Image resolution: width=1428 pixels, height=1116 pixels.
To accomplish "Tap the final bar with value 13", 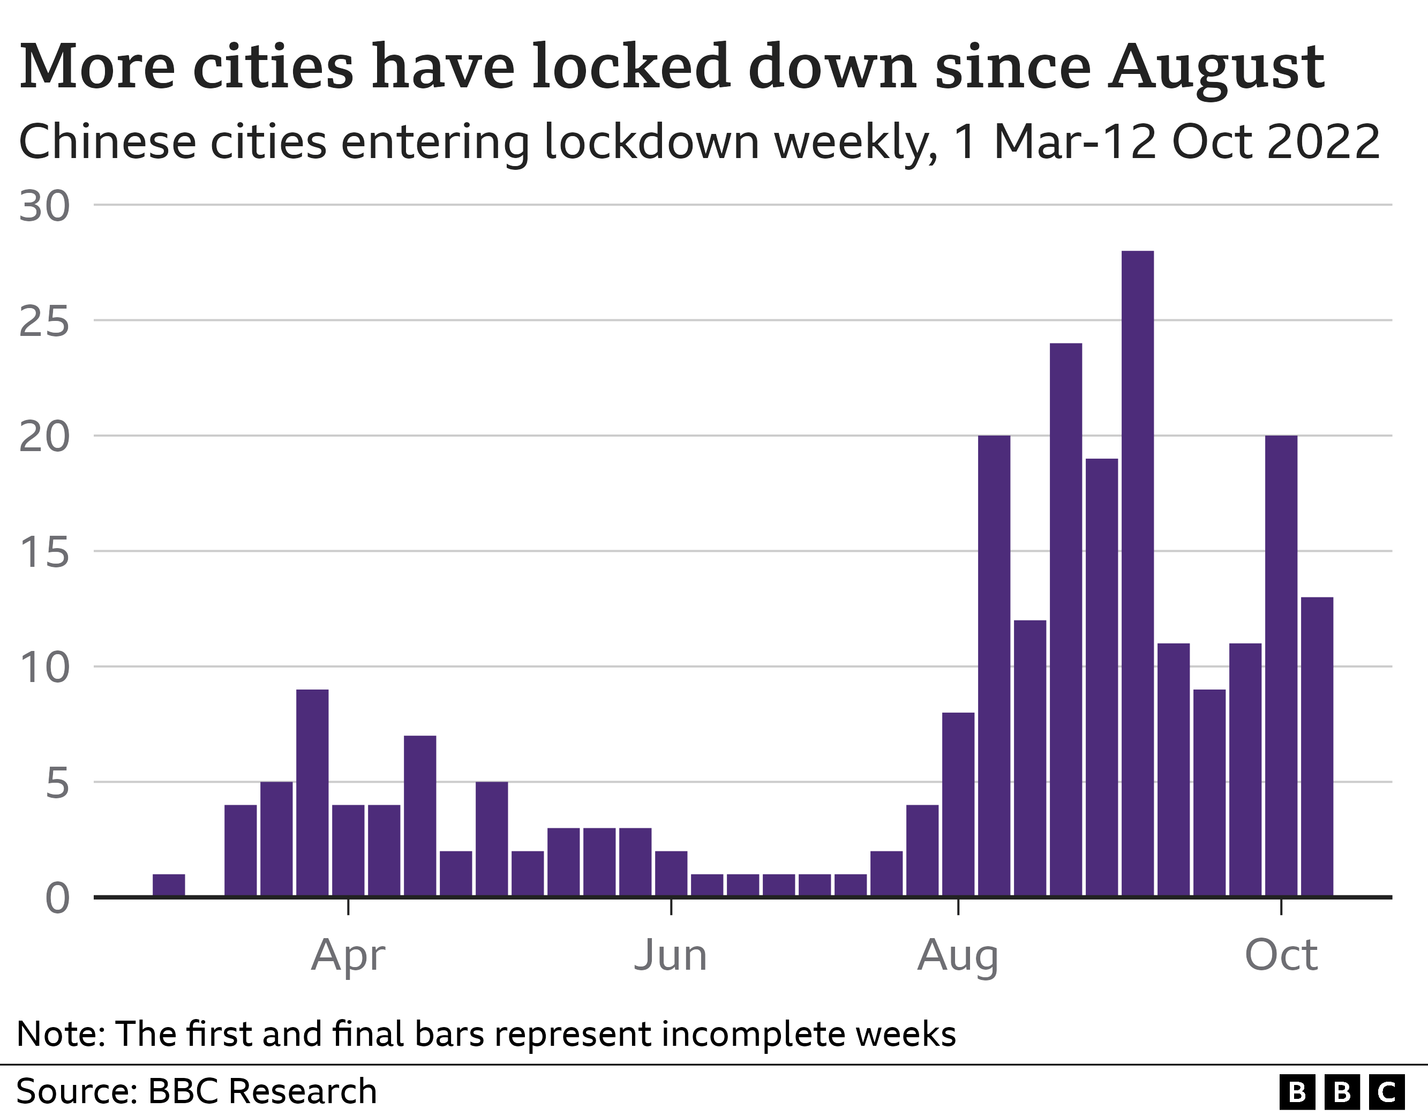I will [1317, 746].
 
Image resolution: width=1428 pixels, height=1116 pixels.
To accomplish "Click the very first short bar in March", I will [169, 885].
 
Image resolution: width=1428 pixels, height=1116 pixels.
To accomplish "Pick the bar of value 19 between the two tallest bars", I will [1102, 677].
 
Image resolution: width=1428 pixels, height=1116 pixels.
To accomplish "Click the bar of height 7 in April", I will [420, 815].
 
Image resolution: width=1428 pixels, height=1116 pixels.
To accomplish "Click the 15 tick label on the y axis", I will [44, 552].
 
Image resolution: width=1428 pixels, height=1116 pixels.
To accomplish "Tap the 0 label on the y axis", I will [57, 898].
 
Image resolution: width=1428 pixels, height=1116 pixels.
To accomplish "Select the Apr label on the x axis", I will [348, 956].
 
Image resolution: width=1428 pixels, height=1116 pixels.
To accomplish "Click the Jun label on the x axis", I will [671, 956].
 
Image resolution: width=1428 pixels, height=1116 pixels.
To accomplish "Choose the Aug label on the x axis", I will [958, 956].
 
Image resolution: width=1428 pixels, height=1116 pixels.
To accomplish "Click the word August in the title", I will [1216, 68].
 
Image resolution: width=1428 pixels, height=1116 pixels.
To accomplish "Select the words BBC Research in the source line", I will [262, 1091].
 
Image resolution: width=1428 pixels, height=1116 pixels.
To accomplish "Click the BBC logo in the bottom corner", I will [1342, 1092].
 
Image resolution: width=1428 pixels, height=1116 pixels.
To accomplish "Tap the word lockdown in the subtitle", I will [651, 142].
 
